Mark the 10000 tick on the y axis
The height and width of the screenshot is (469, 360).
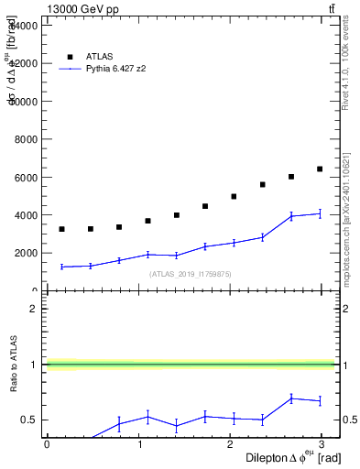[24, 102]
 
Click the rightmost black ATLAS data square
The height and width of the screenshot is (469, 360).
[320, 169]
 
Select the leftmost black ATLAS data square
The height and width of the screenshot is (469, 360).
[61, 229]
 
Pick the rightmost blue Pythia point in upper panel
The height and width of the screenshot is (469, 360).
[320, 213]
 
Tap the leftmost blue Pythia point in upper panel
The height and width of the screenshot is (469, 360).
[61, 267]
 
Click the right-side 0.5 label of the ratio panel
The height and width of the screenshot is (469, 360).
[348, 420]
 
